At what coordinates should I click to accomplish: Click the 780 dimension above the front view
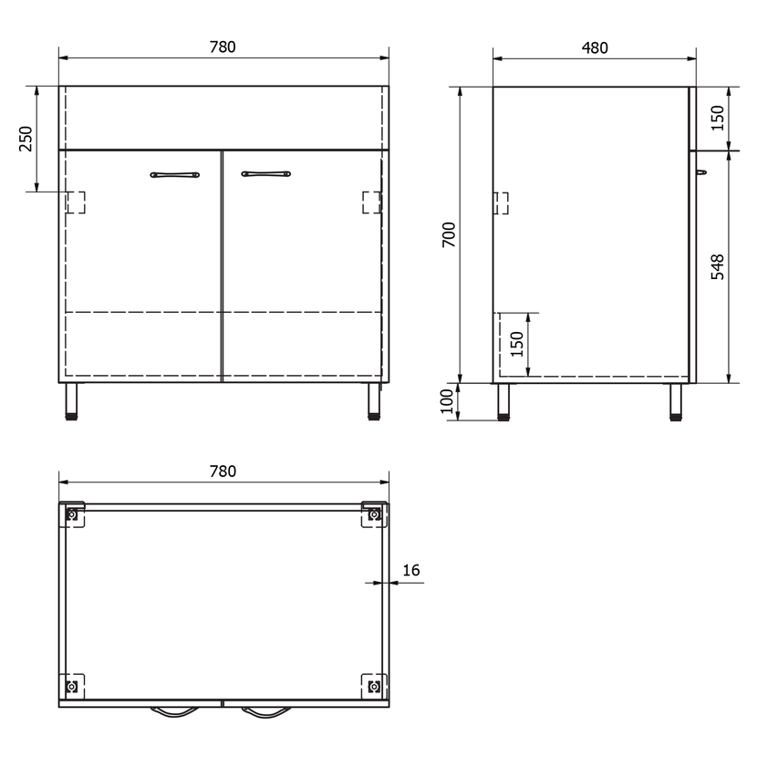(x=223, y=47)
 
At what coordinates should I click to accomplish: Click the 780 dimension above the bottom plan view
(x=223, y=472)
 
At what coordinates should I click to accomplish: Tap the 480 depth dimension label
(x=595, y=47)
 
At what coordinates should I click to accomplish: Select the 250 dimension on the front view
(x=26, y=139)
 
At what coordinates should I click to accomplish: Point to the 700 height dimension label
(x=449, y=234)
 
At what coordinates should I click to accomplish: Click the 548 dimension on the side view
(x=718, y=267)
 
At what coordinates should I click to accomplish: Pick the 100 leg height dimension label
(x=448, y=401)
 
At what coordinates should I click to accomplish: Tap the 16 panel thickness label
(x=410, y=570)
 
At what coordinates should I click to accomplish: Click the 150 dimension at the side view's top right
(x=718, y=118)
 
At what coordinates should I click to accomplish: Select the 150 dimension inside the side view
(x=516, y=344)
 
